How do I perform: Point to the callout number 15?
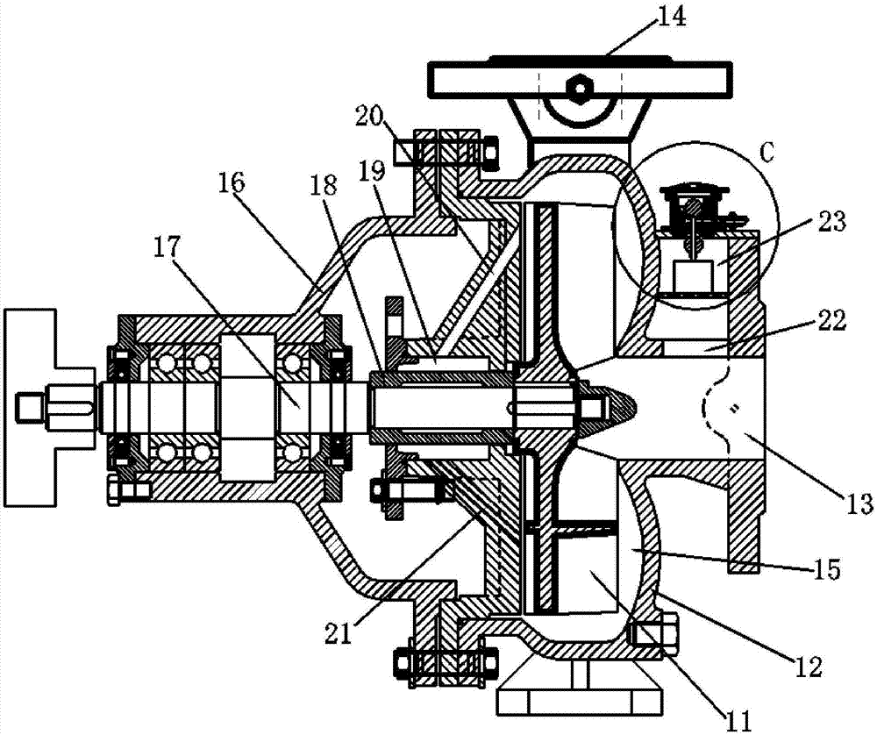click(x=826, y=570)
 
